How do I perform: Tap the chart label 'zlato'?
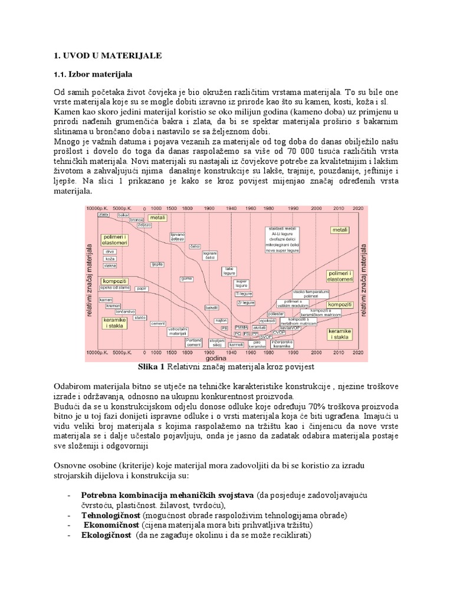103,215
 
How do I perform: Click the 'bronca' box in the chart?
137,219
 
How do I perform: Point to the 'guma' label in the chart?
187,278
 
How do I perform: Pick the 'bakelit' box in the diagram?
211,307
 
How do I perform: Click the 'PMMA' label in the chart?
241,327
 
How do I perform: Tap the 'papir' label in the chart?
140,288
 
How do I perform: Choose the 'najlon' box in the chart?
222,320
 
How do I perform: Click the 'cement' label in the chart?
158,324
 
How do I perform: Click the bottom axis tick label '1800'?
187,352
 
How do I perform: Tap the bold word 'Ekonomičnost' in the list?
111,525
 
